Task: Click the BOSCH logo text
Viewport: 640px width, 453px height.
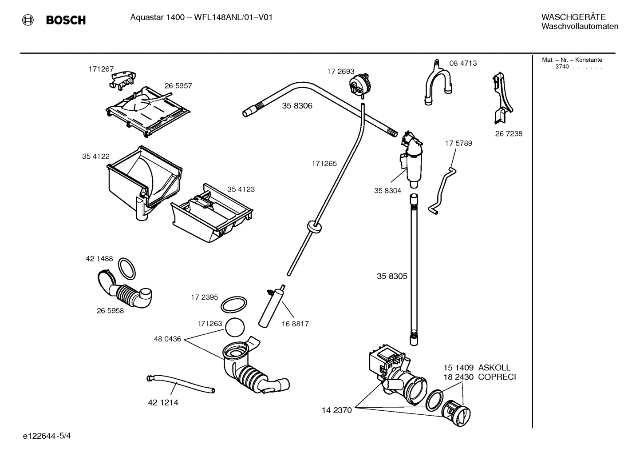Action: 66,20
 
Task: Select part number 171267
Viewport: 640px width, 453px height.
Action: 101,69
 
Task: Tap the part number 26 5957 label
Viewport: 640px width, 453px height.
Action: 178,86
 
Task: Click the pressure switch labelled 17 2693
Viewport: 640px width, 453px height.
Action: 360,84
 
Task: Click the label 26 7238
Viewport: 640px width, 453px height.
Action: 509,133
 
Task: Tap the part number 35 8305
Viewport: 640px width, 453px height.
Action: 392,276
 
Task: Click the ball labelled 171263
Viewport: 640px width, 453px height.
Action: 235,329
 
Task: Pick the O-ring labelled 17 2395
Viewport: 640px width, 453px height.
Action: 233,305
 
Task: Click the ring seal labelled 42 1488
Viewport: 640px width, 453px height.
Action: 127,268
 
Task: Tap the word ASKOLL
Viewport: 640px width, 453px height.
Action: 494,368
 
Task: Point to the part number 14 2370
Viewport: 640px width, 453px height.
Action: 336,410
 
